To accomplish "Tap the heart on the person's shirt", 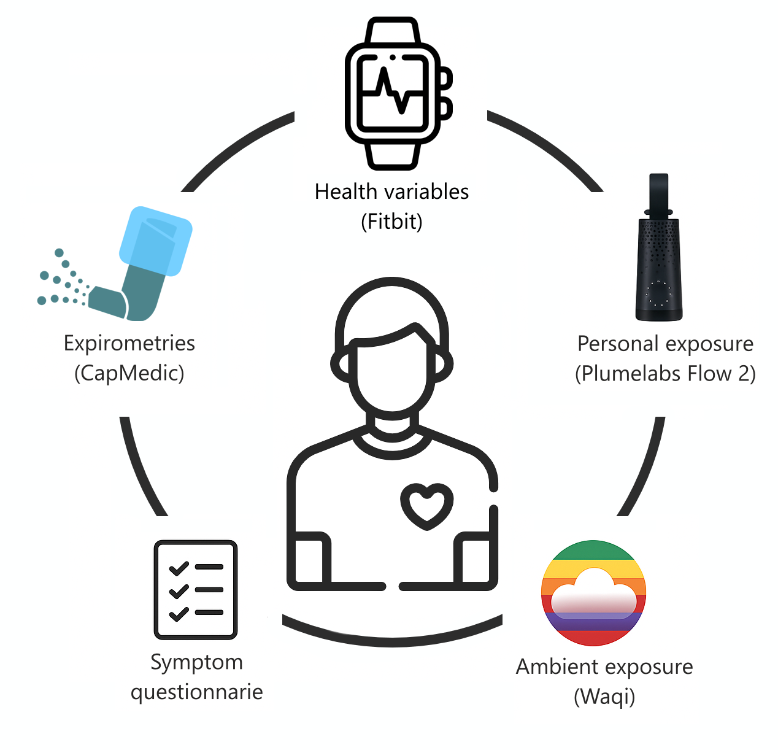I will pos(427,505).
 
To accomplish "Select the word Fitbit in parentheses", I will pos(391,221).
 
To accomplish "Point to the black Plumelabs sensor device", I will pos(658,258).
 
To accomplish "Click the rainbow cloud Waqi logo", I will pos(593,593).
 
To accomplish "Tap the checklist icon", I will pos(196,590).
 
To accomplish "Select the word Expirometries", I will pos(129,343).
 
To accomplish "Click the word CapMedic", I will pos(129,373).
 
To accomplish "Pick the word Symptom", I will pos(196,662).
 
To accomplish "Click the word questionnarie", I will pos(196,692).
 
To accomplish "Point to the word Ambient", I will pos(557,667).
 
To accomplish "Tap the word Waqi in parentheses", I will pos(604,697).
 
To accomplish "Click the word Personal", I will pos(618,344).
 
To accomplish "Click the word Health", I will pos(345,191).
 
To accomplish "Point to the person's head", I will pos(392,350).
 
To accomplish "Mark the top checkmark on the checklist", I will pos(179,568).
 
